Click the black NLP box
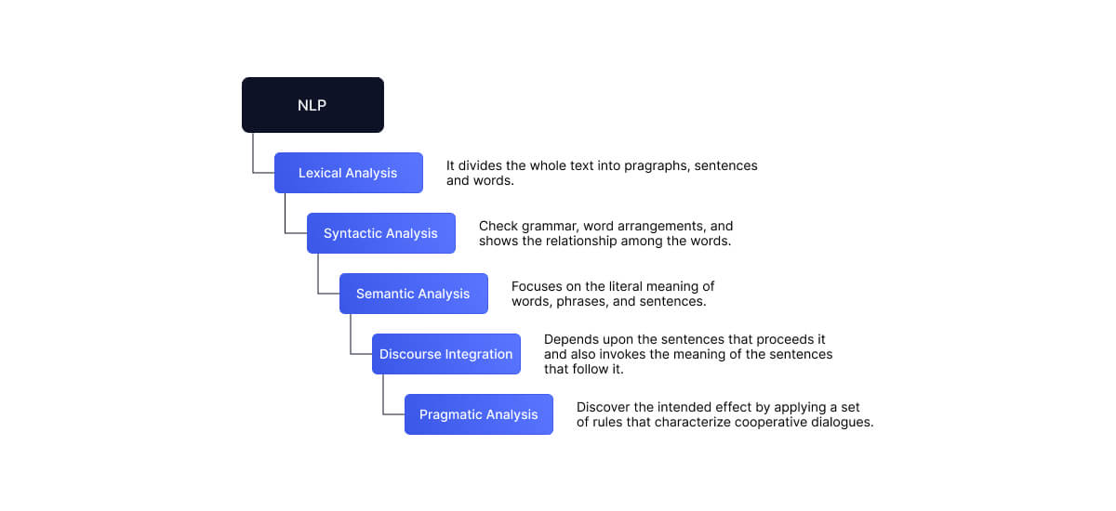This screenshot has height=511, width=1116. click(x=312, y=105)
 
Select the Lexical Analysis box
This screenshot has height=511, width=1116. click(x=348, y=173)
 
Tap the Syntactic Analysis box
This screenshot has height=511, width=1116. click(x=380, y=233)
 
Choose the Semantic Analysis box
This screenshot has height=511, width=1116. click(x=413, y=294)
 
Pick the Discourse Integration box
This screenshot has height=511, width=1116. click(x=445, y=354)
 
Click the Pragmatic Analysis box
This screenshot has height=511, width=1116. click(x=478, y=414)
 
